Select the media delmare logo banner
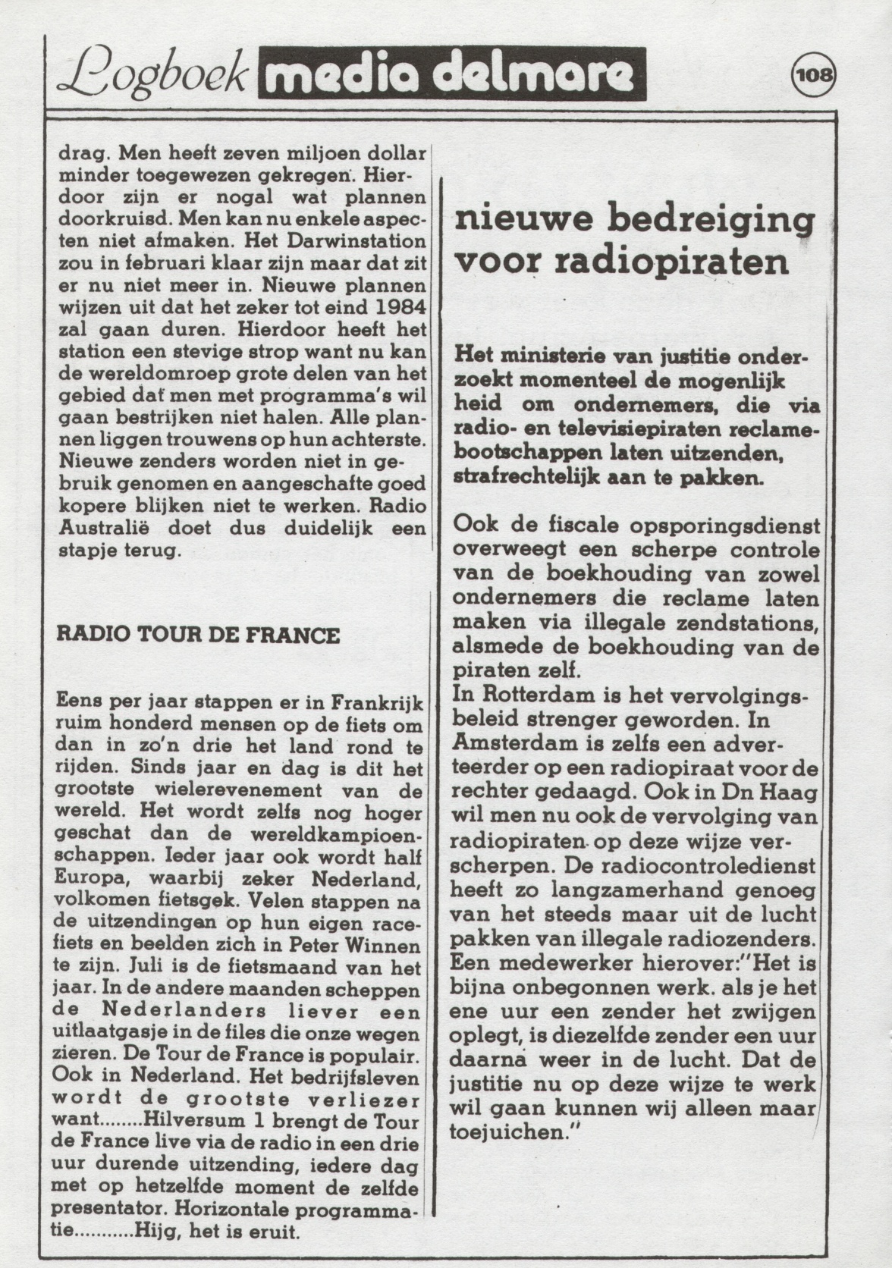[452, 74]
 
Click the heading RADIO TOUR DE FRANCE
[198, 635]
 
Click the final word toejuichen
[513, 1132]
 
